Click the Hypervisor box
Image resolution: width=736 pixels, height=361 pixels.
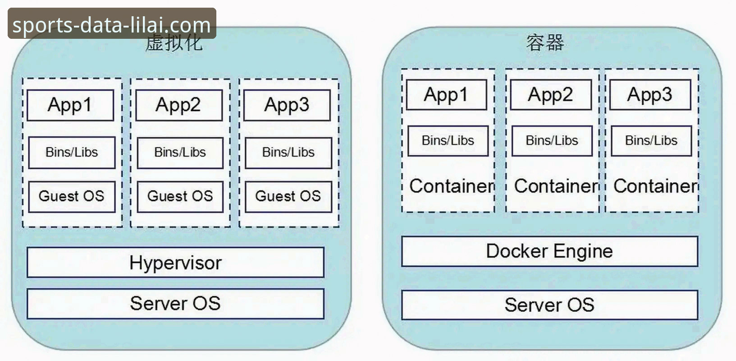point(175,262)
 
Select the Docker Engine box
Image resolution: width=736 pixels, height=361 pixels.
point(549,251)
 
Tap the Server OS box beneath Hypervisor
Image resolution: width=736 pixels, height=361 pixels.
point(175,304)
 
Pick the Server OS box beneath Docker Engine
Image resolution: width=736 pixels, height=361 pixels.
point(549,305)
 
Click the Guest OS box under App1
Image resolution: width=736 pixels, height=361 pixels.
point(72,196)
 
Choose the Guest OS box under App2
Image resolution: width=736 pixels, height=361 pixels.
point(180,196)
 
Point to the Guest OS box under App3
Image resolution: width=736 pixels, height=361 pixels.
point(288,196)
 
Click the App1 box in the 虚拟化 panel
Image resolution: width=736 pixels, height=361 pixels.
point(70,105)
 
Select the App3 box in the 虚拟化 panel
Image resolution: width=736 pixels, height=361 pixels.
point(287,105)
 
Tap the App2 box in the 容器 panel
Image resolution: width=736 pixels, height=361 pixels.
point(551,95)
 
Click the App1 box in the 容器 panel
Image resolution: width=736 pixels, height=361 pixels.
point(446,95)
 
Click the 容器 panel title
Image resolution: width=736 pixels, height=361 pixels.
point(545,42)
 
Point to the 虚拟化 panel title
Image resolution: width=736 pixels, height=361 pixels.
point(174,44)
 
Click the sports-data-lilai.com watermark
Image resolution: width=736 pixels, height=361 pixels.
point(112,24)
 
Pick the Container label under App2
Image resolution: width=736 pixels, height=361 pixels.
point(556,186)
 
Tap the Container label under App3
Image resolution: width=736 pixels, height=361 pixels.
point(655,186)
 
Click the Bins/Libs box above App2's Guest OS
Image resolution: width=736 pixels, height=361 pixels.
point(180,153)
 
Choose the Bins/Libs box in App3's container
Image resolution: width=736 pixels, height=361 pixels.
point(651,141)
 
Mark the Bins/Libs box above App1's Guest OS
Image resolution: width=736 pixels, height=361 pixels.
point(72,153)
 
